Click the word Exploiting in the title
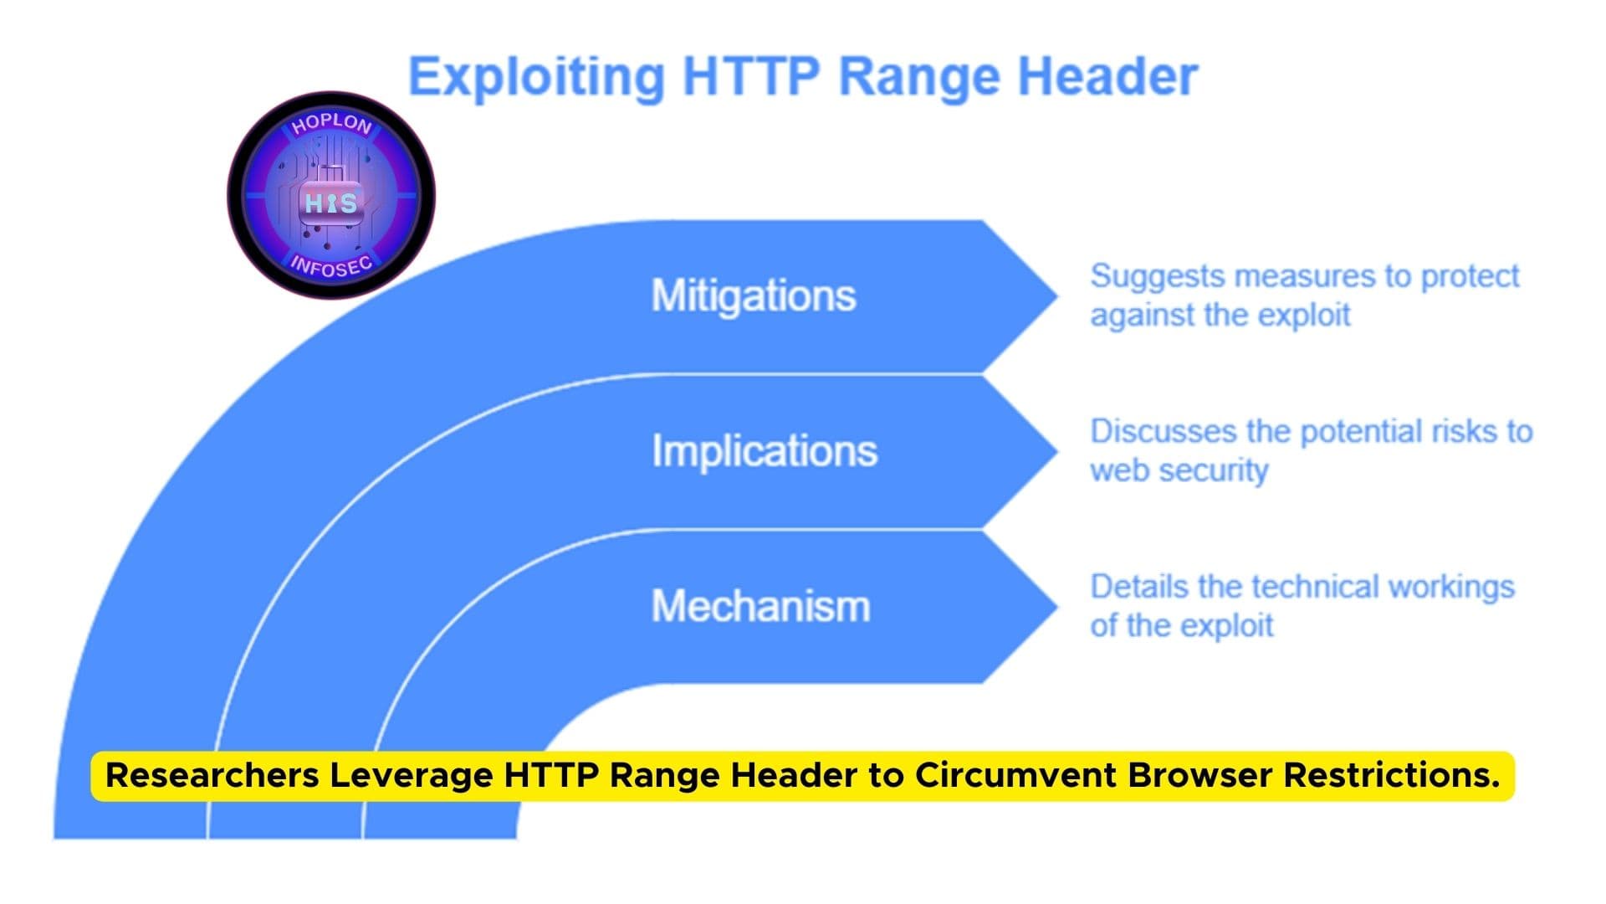coord(536,77)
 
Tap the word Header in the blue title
coord(1107,77)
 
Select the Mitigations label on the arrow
coord(754,295)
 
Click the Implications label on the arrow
coord(765,451)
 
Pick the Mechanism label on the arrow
coord(760,606)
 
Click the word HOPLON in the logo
coord(331,124)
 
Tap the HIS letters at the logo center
coord(331,203)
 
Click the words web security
coord(1179,470)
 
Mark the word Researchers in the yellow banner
coord(212,775)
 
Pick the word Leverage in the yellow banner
coord(411,775)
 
